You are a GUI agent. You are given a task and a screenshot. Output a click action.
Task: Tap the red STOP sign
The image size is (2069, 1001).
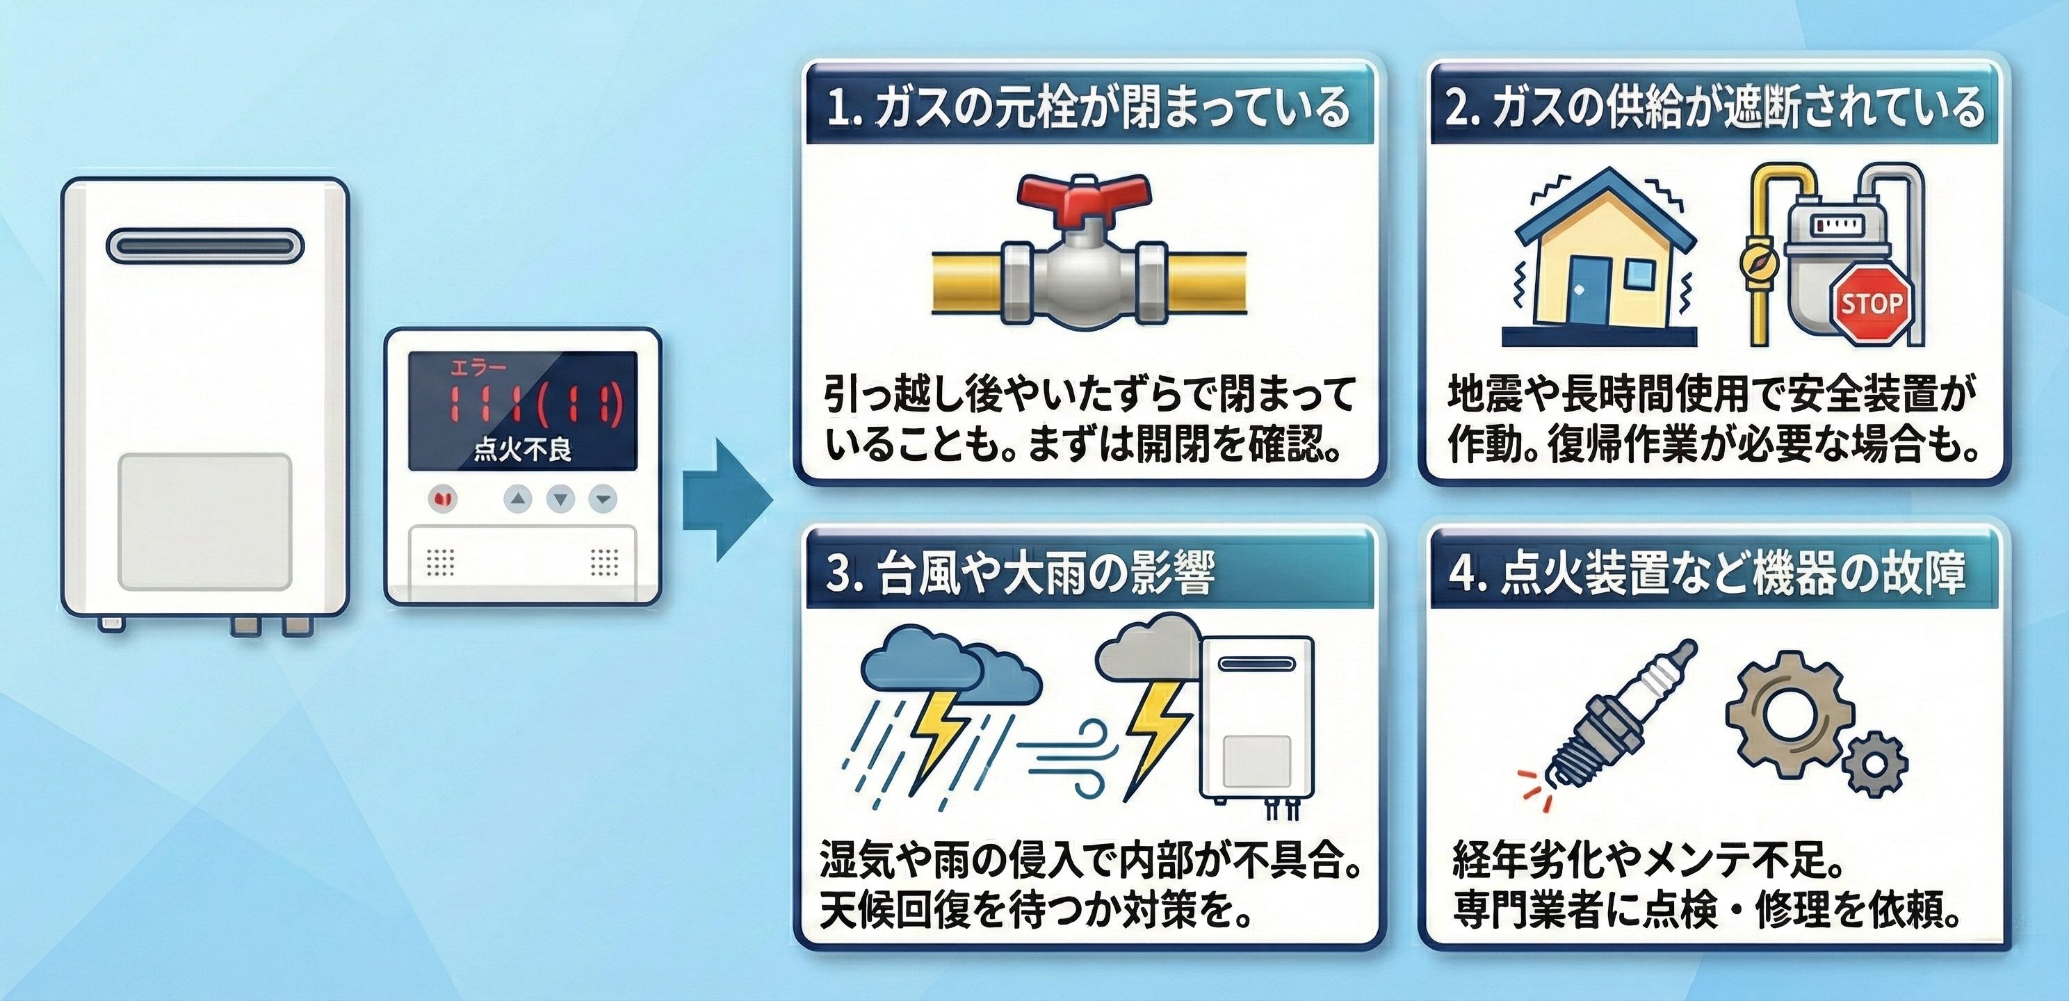(x=1872, y=304)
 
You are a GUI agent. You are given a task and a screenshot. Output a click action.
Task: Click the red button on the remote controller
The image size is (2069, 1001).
(x=441, y=499)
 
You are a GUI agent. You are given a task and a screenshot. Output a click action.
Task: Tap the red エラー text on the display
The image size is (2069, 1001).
(x=478, y=368)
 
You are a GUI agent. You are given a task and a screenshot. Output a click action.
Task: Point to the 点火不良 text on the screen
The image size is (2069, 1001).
(x=522, y=449)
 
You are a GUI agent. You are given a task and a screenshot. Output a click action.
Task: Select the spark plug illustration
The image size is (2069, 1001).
(x=1614, y=719)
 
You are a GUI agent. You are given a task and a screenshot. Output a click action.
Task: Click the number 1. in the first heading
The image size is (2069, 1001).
(x=843, y=108)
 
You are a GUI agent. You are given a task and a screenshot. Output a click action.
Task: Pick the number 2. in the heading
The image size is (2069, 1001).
(x=1463, y=108)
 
